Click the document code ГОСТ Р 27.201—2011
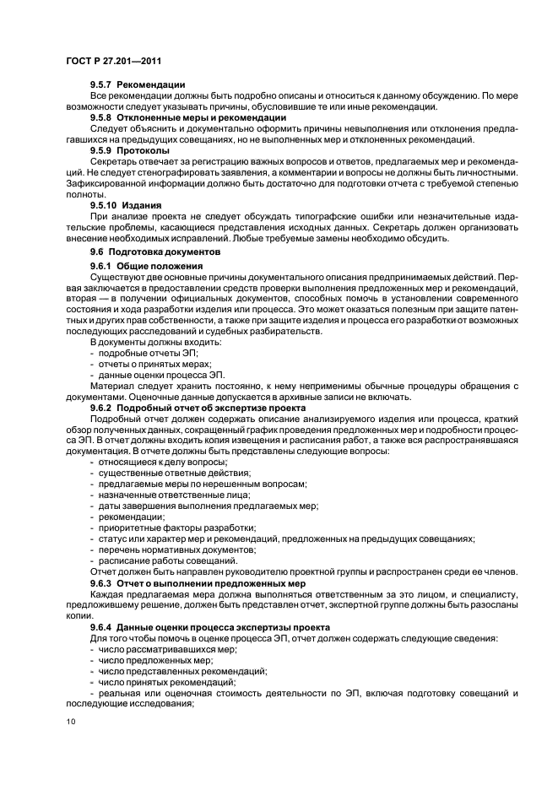click(x=114, y=61)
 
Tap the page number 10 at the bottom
click(x=70, y=721)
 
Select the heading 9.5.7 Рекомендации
click(x=137, y=84)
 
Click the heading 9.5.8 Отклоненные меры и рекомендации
click(x=188, y=117)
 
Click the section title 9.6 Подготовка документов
click(x=155, y=252)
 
